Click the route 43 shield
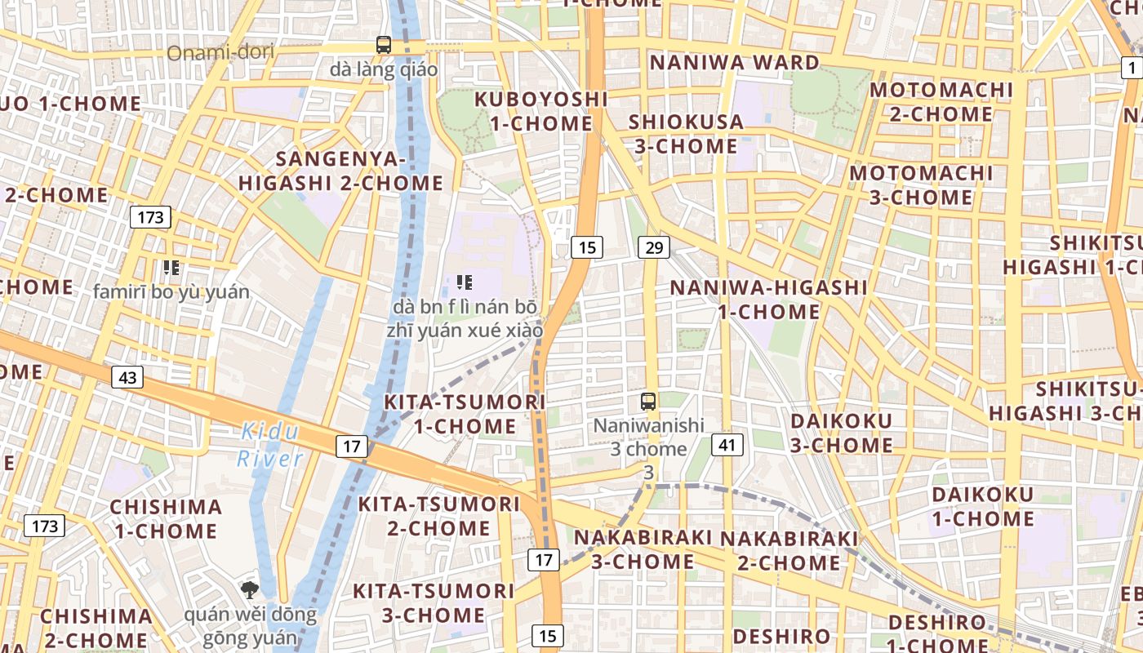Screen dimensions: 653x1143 click(127, 377)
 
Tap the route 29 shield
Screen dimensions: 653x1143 click(653, 247)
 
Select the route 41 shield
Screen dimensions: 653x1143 click(727, 445)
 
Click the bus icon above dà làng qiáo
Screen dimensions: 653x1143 click(384, 44)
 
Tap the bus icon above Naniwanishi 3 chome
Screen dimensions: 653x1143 click(648, 401)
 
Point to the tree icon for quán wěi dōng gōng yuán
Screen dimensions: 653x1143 click(250, 589)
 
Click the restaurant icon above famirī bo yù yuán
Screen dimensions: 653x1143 click(171, 267)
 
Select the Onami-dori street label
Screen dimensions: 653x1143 click(220, 53)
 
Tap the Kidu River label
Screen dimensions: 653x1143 click(269, 446)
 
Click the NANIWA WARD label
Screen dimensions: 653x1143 click(734, 63)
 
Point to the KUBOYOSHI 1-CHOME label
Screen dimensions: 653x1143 click(541, 112)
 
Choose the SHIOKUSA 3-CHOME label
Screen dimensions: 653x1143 click(686, 135)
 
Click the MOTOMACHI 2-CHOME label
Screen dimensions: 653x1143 click(941, 102)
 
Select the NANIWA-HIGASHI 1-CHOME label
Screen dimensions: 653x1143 click(768, 300)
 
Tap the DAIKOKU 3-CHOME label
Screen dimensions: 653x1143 click(842, 433)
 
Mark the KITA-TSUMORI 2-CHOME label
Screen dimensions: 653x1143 click(438, 516)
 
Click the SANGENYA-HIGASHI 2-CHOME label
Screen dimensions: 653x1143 click(340, 171)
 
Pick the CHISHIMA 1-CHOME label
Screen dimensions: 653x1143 click(166, 519)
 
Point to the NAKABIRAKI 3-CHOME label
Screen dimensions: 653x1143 click(643, 550)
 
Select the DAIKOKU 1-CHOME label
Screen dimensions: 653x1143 click(983, 507)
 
